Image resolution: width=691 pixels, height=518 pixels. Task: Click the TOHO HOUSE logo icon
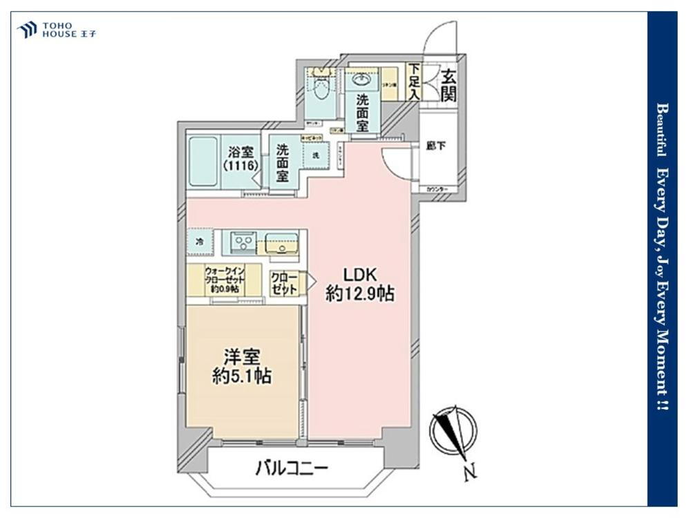(x=27, y=30)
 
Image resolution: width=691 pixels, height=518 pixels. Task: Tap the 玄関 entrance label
(x=448, y=84)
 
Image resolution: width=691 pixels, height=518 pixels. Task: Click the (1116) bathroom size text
(x=240, y=166)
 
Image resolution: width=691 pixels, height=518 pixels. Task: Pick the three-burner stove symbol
(x=243, y=242)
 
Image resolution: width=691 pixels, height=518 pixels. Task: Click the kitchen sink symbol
(x=280, y=243)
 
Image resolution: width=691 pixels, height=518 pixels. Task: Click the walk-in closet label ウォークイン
(x=224, y=271)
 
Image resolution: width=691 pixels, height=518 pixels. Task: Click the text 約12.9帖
(x=360, y=294)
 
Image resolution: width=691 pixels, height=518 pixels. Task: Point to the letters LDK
(x=359, y=273)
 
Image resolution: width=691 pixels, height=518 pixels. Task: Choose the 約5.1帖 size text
(x=241, y=376)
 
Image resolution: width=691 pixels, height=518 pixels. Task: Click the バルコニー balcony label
(x=291, y=468)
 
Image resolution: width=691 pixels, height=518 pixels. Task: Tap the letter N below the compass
(x=469, y=474)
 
